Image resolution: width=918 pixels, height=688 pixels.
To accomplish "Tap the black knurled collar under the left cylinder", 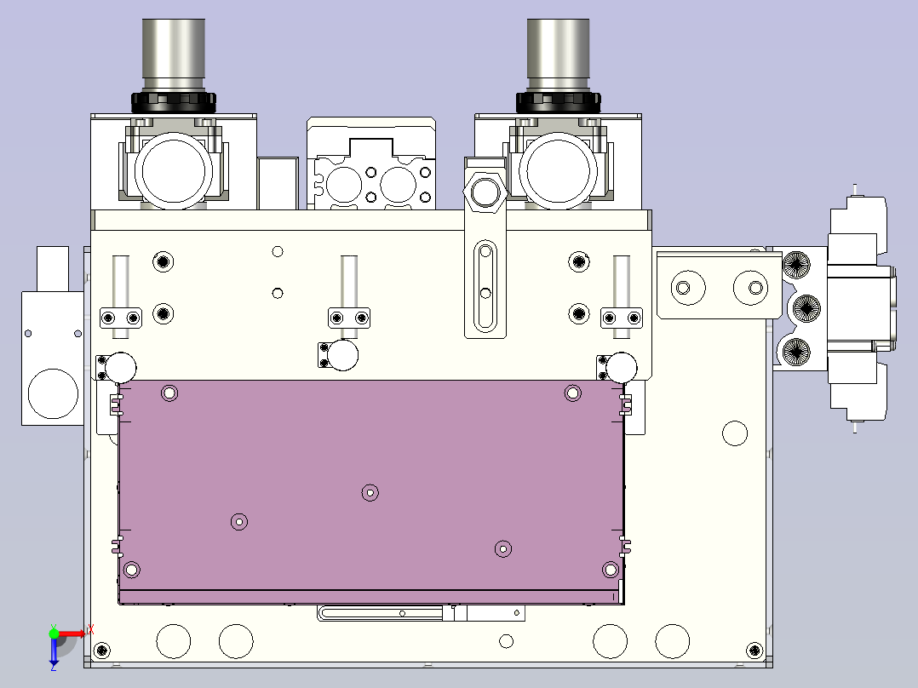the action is click(x=174, y=102).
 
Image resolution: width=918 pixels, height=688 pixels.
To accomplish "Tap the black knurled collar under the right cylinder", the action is click(x=558, y=102).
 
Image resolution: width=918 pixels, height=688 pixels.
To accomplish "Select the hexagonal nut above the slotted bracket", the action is click(x=485, y=192).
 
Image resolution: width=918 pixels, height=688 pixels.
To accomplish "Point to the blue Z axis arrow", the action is click(x=54, y=651).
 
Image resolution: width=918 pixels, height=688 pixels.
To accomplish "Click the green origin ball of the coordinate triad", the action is click(x=54, y=634).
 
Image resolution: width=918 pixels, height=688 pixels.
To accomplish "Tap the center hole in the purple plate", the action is click(x=370, y=493).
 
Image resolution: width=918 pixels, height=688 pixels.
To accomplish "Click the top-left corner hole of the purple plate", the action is click(x=169, y=393).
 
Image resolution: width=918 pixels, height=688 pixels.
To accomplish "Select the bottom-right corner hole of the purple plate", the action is click(x=611, y=569).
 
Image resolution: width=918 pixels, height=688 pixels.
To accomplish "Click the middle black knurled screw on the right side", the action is click(x=806, y=308).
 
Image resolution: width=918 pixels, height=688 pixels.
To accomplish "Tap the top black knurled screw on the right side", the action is click(x=796, y=265).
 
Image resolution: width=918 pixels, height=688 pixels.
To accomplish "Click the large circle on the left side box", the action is click(x=54, y=393).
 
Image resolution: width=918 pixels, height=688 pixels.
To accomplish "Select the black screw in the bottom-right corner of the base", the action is click(x=754, y=650).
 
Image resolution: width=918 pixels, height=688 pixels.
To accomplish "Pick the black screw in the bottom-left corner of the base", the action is click(x=102, y=650).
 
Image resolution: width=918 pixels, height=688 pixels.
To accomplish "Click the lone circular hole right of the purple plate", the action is click(x=735, y=433).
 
